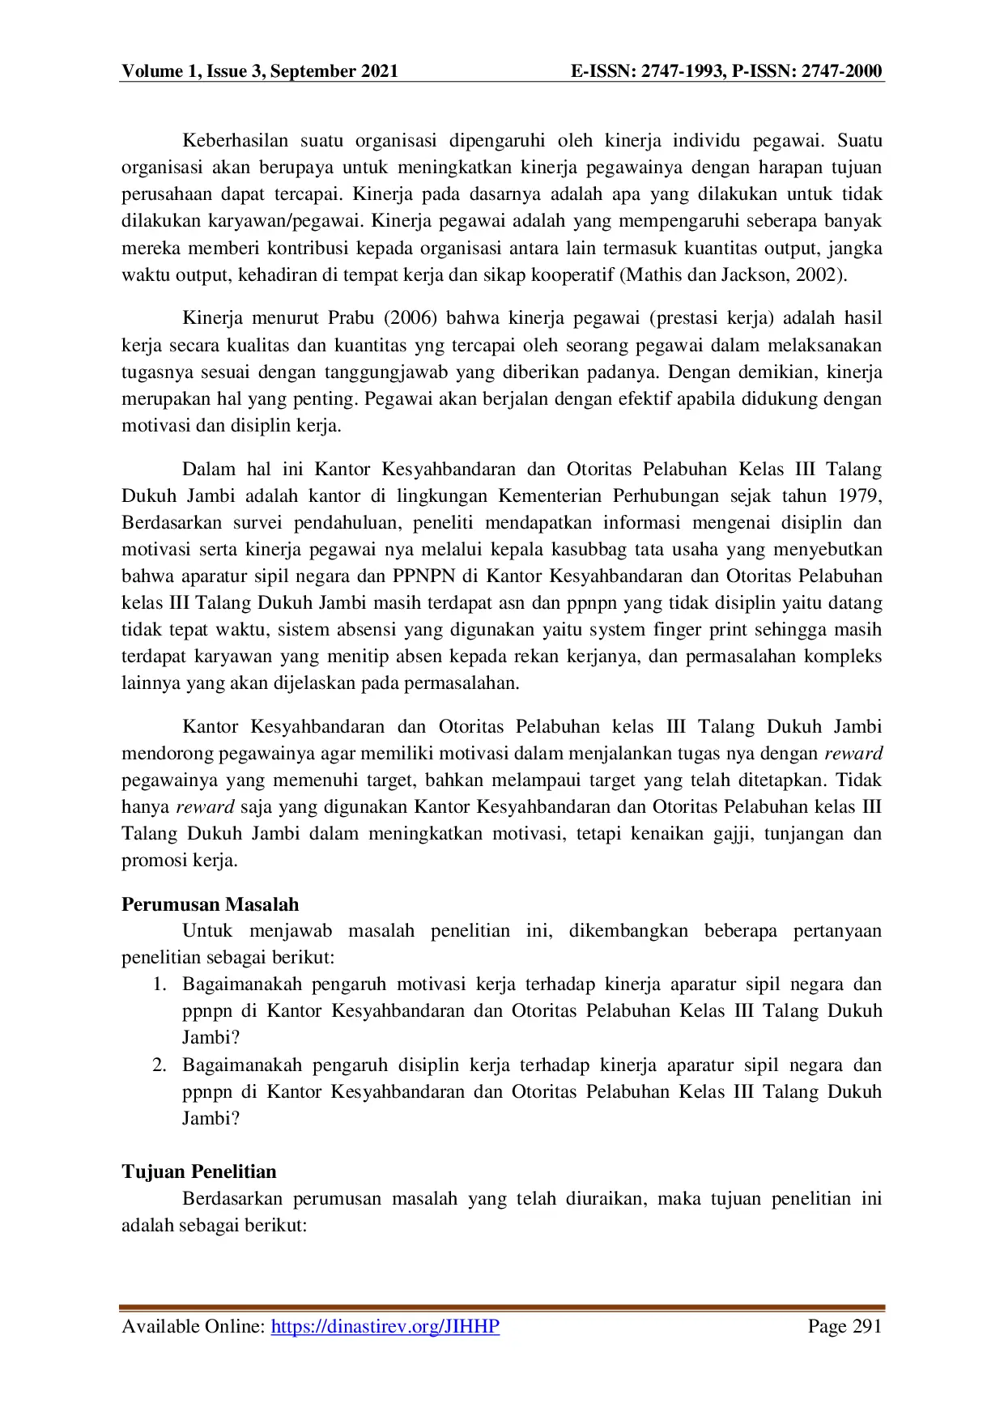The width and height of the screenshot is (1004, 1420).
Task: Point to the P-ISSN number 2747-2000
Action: tap(842, 71)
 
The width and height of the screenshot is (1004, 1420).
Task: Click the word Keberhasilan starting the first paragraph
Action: tap(235, 141)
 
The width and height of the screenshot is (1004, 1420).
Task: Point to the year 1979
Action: tap(859, 496)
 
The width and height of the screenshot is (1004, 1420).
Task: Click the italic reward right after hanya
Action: tap(205, 807)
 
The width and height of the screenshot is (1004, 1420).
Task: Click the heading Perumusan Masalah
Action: tap(211, 904)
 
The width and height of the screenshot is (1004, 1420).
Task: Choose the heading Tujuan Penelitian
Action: tap(199, 1171)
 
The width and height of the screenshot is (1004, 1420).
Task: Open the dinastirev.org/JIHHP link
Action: tap(385, 1326)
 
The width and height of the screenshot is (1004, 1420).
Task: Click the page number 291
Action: tap(862, 1326)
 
